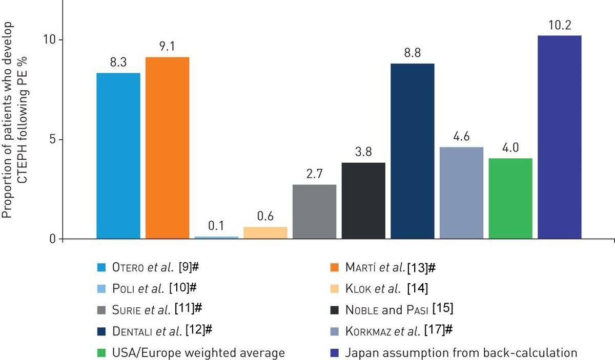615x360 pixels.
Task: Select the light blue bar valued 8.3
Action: coord(118,156)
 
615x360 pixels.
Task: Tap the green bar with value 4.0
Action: coord(510,198)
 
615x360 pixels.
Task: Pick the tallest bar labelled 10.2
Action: coord(559,137)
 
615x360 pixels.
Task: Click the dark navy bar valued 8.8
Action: coord(413,151)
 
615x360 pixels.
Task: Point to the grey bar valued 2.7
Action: coord(314,211)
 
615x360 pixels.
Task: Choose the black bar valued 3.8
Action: coord(363,200)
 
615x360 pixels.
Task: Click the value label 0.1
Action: coord(216,226)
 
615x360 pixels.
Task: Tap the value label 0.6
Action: coord(265,216)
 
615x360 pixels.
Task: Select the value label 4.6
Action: coord(461,137)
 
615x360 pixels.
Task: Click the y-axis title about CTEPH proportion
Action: coord(15,120)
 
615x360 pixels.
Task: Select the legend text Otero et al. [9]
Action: coord(153,267)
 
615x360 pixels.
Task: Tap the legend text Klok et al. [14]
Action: coord(386,288)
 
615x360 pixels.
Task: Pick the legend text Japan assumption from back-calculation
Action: coord(461,353)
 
